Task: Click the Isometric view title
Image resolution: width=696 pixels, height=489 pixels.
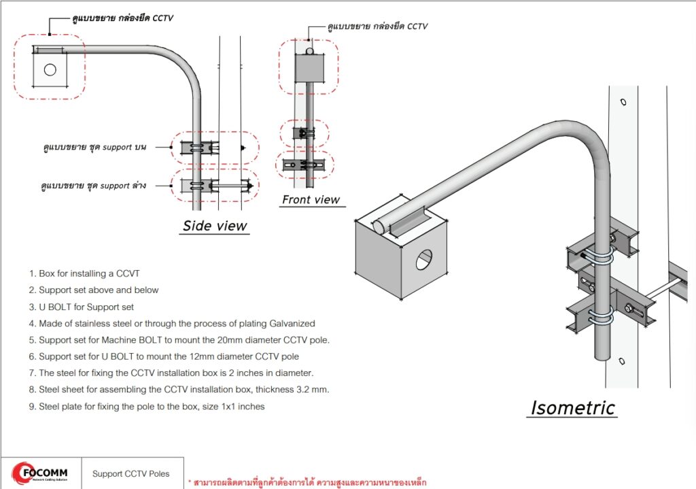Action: (572, 408)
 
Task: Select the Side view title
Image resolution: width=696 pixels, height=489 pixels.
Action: (215, 226)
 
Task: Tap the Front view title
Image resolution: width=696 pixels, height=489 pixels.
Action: (311, 199)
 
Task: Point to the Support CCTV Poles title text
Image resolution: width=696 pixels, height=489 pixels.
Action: (130, 474)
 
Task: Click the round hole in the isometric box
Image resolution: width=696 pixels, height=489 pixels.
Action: (424, 258)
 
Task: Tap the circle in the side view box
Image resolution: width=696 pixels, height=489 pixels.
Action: (50, 69)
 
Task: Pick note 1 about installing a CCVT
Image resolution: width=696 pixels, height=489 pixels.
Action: (84, 273)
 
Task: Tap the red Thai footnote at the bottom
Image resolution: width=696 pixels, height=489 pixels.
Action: (307, 482)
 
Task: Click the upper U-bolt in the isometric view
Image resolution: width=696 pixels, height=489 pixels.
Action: (598, 256)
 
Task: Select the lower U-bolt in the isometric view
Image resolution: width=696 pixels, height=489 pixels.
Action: (598, 317)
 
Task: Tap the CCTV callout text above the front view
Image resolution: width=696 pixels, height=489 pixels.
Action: (377, 27)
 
